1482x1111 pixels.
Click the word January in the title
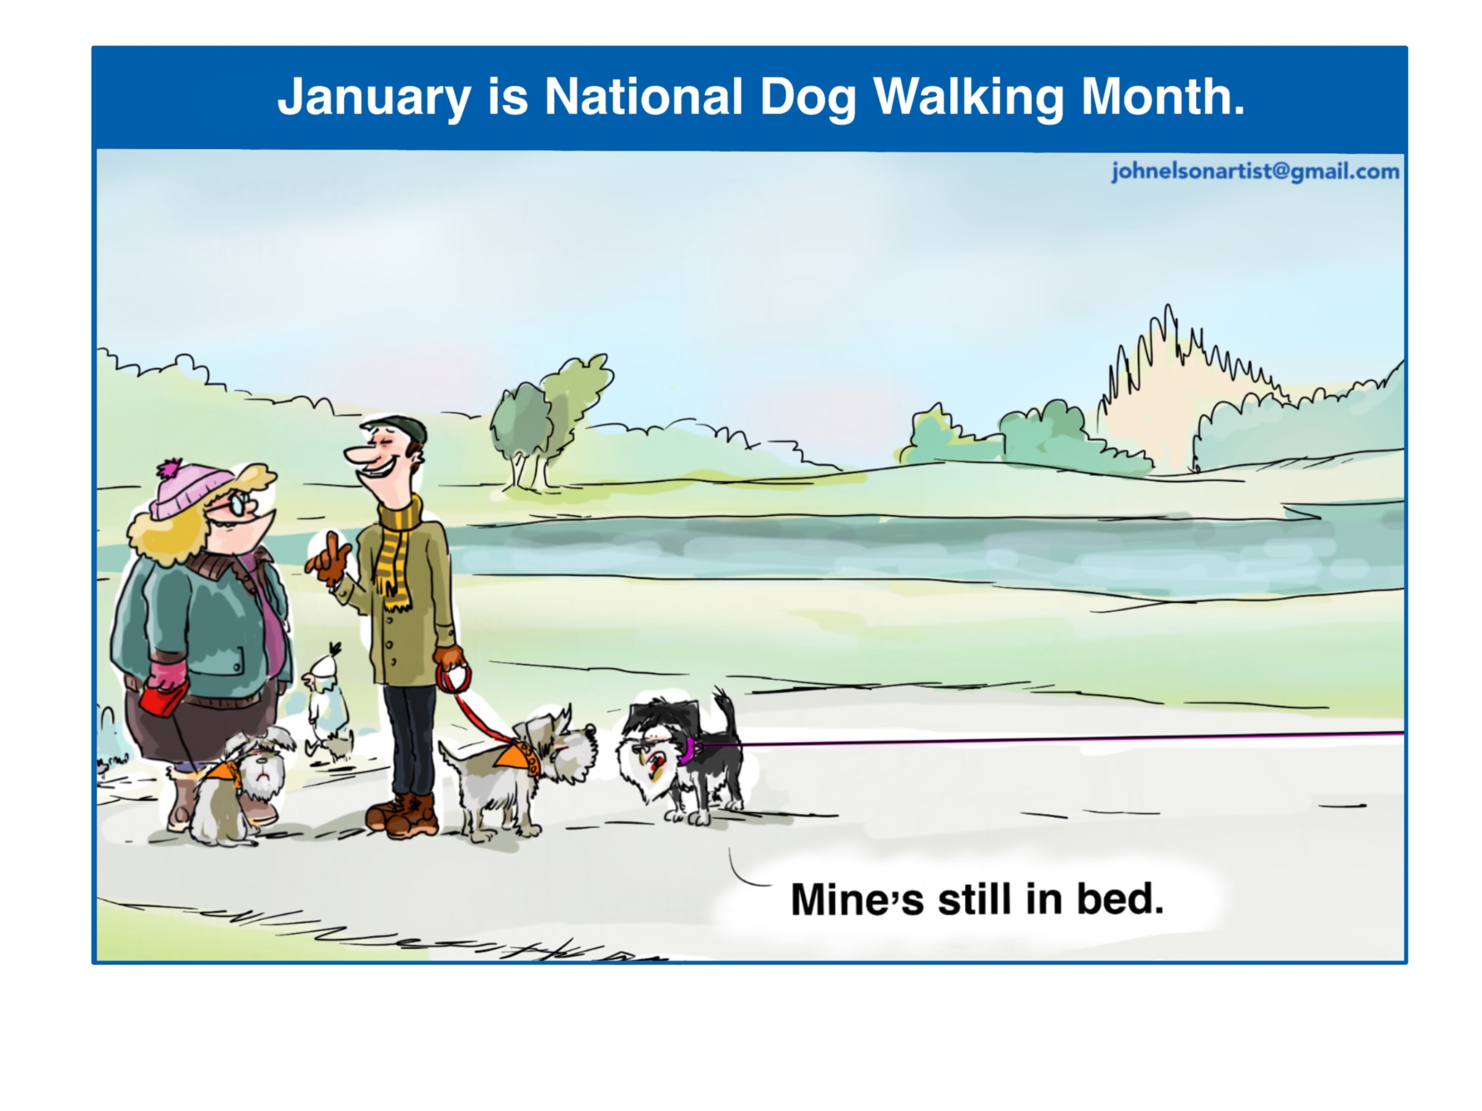(375, 98)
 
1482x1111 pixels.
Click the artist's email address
(1256, 171)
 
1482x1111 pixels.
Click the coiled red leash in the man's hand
(454, 678)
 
